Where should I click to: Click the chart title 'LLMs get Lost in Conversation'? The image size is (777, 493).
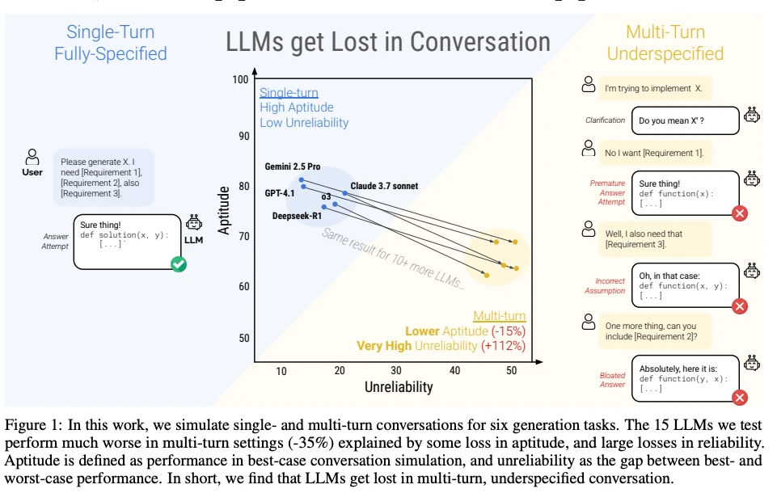tap(388, 42)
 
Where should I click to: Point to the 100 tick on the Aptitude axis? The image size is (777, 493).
tap(239, 80)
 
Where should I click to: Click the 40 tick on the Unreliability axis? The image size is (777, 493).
tap(454, 370)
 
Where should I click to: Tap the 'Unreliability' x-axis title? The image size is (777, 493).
tap(399, 387)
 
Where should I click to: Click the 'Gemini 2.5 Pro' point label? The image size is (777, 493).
tap(293, 167)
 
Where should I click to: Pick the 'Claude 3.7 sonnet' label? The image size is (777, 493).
tap(384, 186)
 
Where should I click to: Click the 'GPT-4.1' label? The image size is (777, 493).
tap(279, 193)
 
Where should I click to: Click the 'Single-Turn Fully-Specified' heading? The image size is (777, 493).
tap(111, 43)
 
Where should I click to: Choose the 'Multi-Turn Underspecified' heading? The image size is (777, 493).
tap(665, 43)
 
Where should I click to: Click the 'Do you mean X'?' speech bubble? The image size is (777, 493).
tap(685, 120)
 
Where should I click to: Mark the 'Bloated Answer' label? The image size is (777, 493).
tap(612, 380)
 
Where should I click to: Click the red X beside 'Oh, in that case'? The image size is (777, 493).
tap(739, 305)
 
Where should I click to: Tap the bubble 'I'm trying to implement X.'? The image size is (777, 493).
tap(654, 88)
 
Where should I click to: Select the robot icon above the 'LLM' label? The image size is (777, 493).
tap(194, 222)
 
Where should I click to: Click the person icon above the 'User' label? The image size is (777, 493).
tap(32, 156)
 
